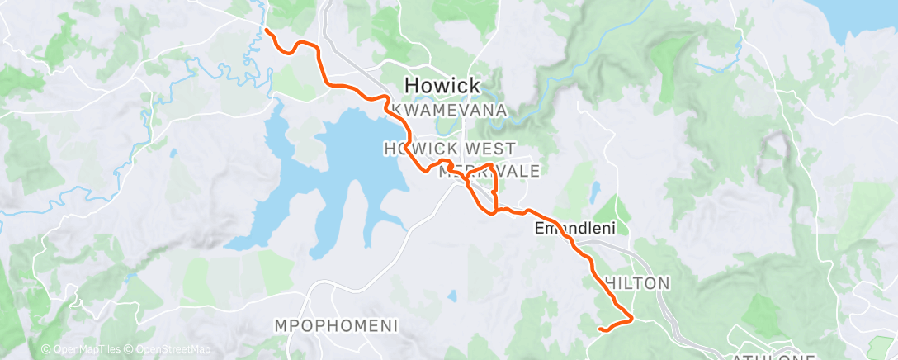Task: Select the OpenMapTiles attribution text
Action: click(83, 350)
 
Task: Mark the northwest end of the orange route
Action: click(266, 31)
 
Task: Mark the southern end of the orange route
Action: click(599, 329)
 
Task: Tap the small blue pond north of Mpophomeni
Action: click(452, 295)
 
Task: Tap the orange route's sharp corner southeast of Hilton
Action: click(632, 317)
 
